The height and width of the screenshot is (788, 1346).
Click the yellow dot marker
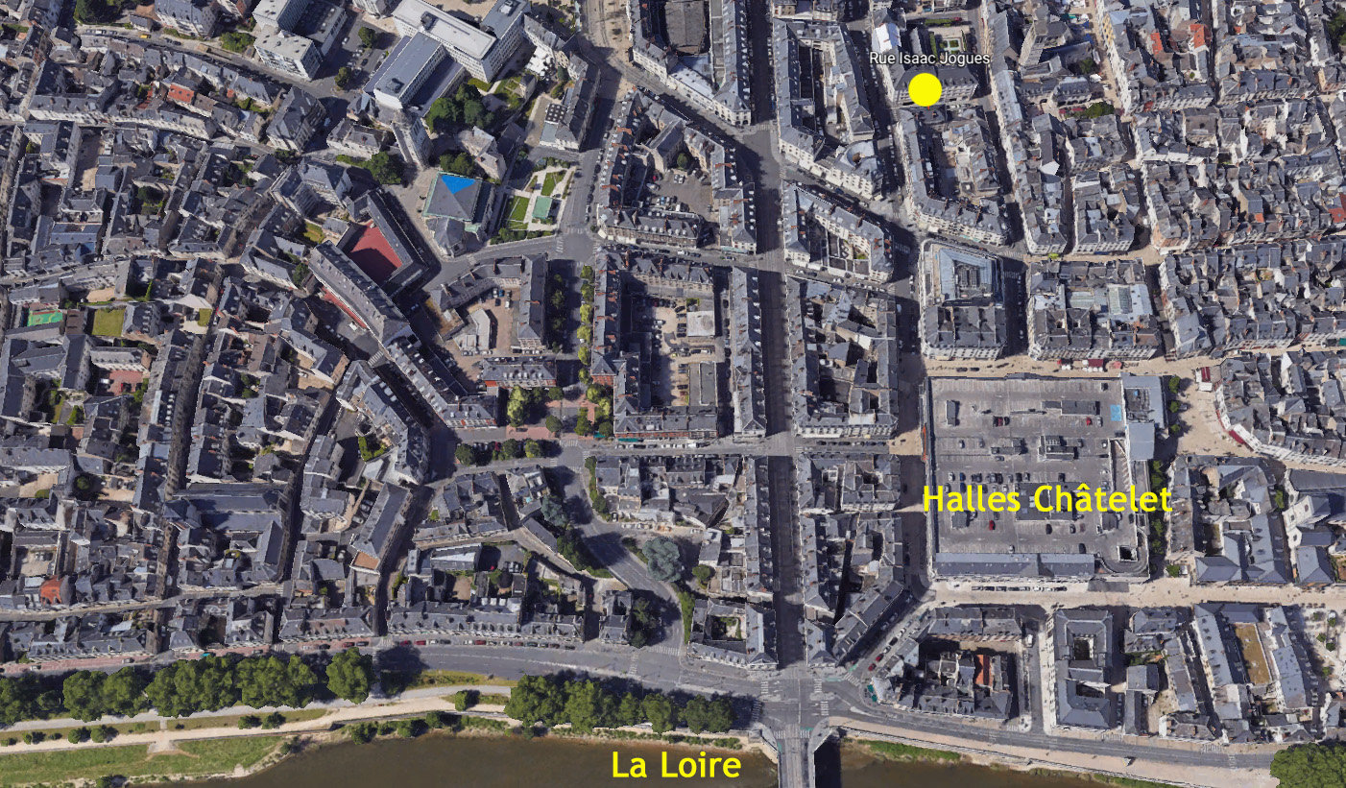925,89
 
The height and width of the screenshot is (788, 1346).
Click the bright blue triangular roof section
458,182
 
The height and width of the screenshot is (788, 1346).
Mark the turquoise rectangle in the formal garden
542,206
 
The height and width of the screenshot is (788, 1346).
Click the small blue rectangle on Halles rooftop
1115,412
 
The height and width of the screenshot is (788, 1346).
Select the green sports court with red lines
43,317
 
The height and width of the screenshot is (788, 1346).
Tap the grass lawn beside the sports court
108,322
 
